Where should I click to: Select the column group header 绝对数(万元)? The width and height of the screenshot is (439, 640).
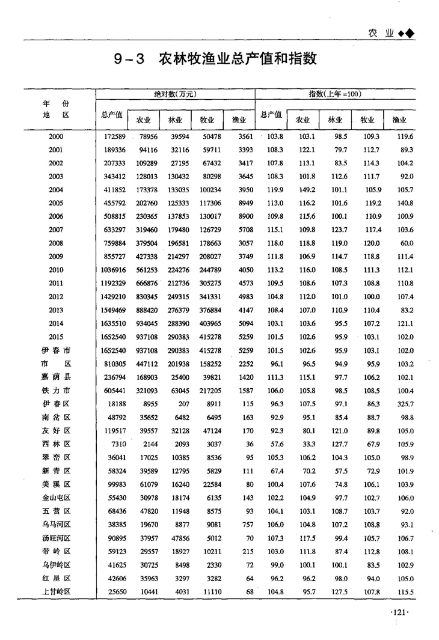click(x=176, y=94)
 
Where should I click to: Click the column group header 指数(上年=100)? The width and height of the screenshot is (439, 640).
click(x=334, y=94)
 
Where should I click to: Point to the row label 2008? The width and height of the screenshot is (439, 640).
click(x=56, y=242)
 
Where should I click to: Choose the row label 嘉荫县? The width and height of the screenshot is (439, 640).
click(x=56, y=377)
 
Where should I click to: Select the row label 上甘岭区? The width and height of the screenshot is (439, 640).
click(x=56, y=592)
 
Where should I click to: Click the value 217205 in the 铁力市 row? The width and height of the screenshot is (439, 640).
click(x=207, y=390)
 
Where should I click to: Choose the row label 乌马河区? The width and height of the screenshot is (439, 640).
click(x=56, y=525)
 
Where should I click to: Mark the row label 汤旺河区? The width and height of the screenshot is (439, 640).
click(x=56, y=538)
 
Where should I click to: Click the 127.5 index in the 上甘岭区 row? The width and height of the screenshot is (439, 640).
click(x=339, y=592)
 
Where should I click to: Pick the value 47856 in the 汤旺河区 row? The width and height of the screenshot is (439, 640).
click(x=177, y=538)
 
